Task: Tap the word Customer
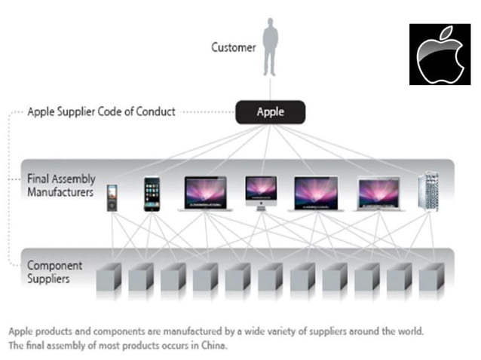[x=234, y=47]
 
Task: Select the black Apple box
[x=271, y=112]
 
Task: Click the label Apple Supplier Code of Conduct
[x=101, y=111]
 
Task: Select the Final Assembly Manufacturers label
[x=60, y=185]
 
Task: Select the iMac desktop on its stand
[x=261, y=192]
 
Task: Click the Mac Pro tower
[x=428, y=191]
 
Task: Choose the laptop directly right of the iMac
[x=319, y=194]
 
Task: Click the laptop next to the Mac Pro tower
[x=381, y=194]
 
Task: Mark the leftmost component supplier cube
[x=109, y=278]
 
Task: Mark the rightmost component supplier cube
[x=432, y=278]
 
